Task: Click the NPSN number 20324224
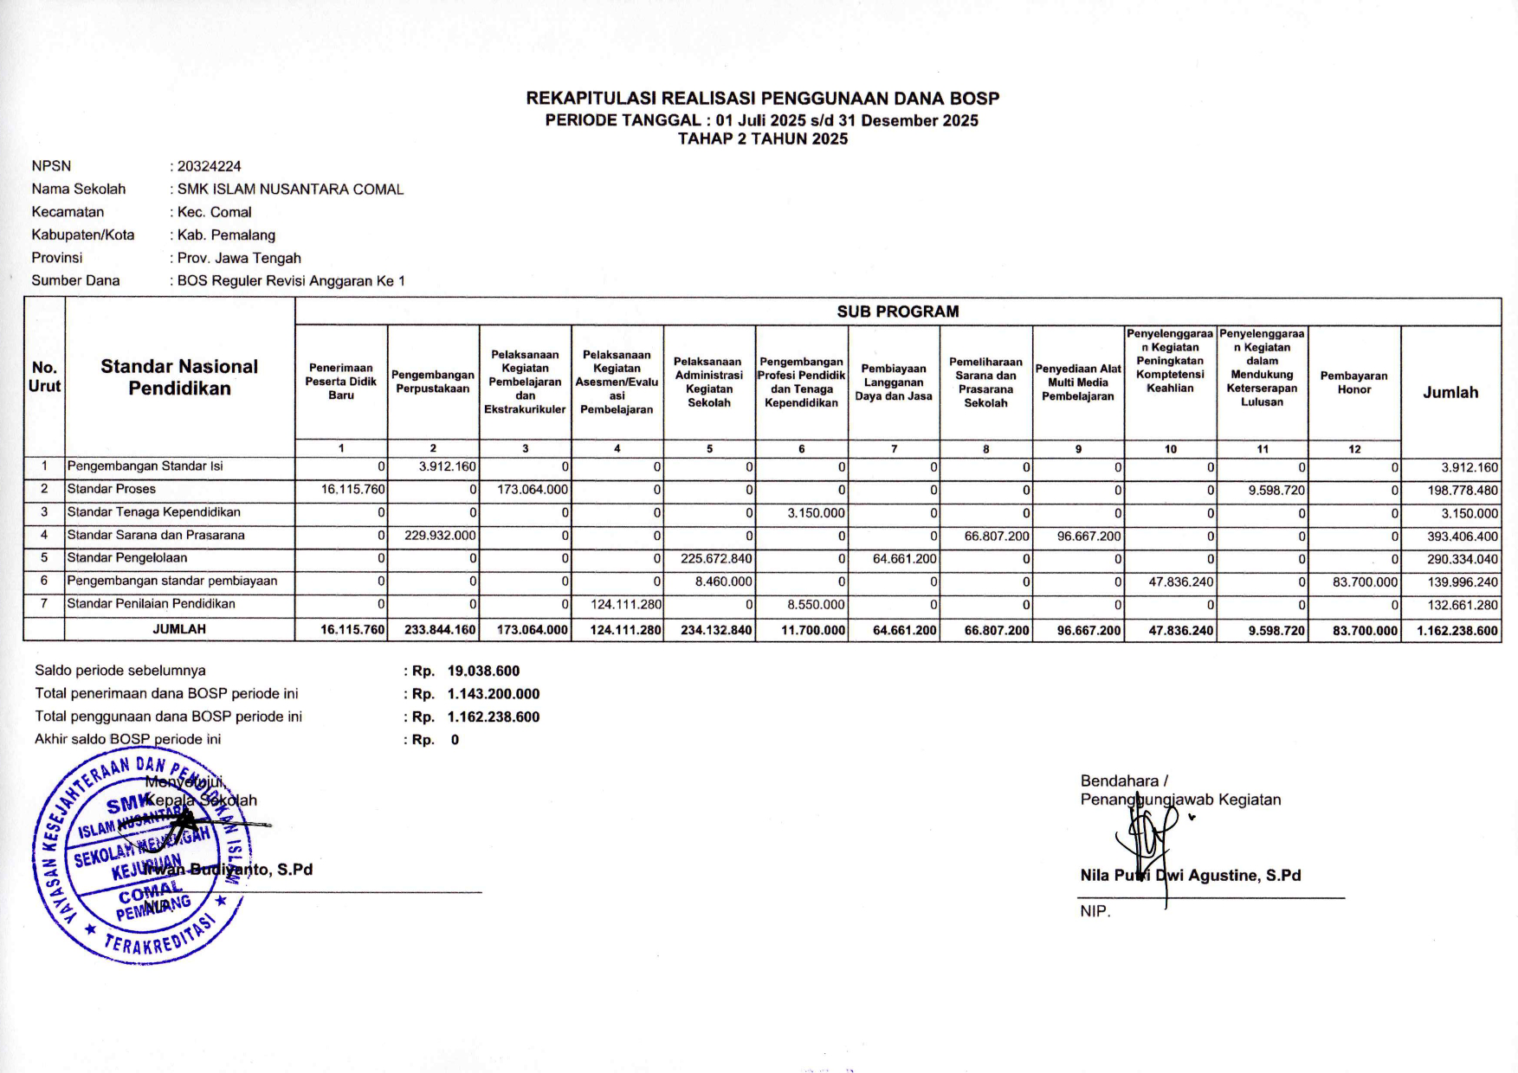click(210, 166)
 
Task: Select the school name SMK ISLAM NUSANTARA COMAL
click(290, 190)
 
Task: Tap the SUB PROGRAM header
click(897, 312)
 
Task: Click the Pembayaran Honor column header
click(1353, 382)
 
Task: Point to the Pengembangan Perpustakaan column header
click(433, 382)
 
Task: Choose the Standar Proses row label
click(112, 490)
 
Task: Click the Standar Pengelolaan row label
click(126, 558)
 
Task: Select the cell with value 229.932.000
click(440, 536)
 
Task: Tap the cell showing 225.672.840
click(716, 559)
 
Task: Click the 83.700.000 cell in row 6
click(1365, 582)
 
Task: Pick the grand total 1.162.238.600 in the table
click(1457, 631)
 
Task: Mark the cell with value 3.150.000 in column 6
click(816, 513)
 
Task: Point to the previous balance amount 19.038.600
click(483, 671)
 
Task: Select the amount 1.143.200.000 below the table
click(493, 694)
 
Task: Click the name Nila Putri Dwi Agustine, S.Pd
click(1190, 876)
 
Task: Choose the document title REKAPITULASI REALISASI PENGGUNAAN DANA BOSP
click(762, 99)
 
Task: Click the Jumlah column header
click(1450, 392)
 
